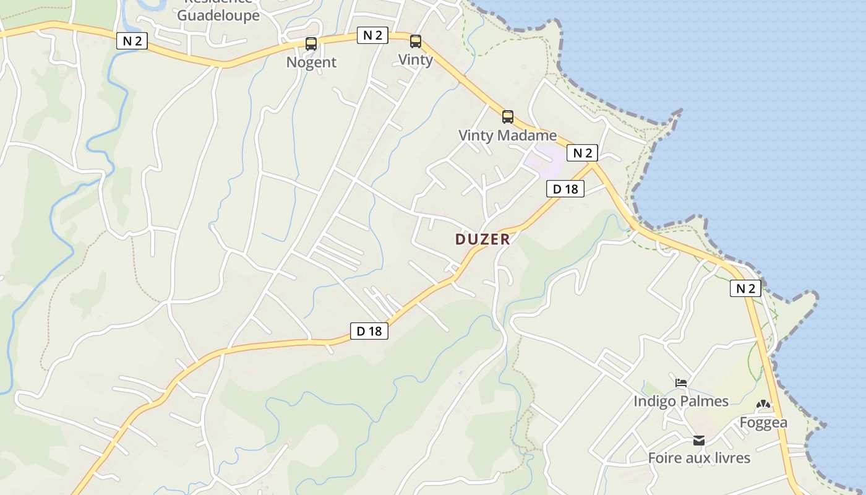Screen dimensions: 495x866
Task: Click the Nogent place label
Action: [x=311, y=62]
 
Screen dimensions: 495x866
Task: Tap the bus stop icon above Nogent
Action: [x=311, y=44]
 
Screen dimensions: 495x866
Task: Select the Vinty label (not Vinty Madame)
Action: [x=415, y=59]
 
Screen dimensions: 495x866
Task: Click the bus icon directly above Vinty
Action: [x=416, y=41]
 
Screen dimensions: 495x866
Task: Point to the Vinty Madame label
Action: [x=507, y=135]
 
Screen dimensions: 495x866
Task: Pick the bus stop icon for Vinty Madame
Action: [x=508, y=116]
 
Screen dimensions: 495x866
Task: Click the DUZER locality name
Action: [x=482, y=239]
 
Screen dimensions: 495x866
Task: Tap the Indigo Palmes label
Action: [x=680, y=401]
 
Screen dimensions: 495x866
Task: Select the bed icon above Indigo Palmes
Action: [x=681, y=383]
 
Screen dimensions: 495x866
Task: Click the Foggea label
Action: [x=763, y=423]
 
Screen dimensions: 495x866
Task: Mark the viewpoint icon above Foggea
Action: [x=763, y=405]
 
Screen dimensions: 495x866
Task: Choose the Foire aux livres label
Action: [x=699, y=458]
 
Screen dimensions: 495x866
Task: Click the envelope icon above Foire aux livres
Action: [x=699, y=441]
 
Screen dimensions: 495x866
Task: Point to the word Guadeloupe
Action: [x=218, y=15]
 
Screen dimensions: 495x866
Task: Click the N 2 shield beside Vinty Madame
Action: [x=582, y=153]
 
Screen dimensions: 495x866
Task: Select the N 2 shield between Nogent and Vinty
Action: [x=372, y=35]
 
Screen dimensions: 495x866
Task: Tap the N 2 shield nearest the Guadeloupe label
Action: [x=132, y=41]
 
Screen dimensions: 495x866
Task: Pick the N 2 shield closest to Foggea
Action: [x=745, y=288]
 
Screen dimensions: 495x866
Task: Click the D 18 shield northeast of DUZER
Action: [x=565, y=189]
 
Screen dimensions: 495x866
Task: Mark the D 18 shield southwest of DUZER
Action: [x=369, y=331]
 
